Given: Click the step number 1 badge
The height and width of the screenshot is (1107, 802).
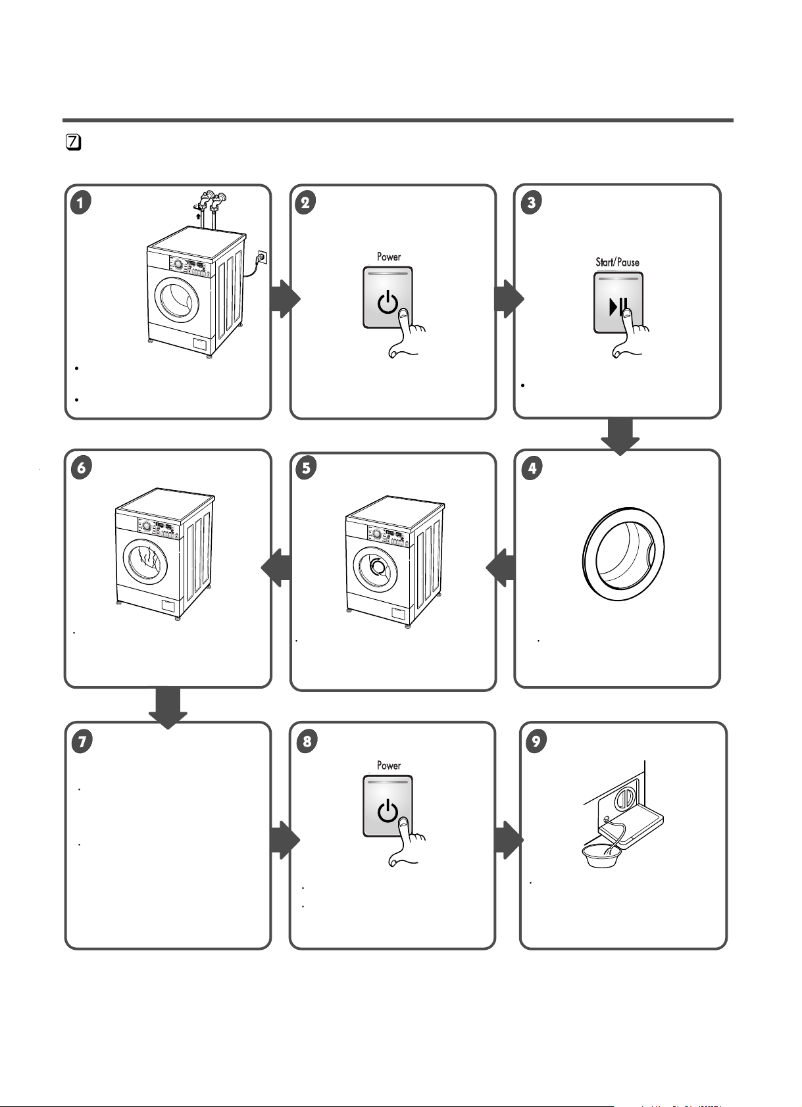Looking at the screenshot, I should (x=81, y=202).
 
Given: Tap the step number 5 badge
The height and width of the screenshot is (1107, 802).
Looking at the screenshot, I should (x=306, y=468).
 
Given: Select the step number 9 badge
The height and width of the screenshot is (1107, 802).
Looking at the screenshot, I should (x=536, y=741).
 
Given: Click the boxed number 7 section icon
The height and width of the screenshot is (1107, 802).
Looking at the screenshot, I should (x=74, y=142).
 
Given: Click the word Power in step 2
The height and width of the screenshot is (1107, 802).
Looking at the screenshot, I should (x=389, y=257).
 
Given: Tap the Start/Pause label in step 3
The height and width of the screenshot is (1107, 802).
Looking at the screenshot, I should (x=617, y=262).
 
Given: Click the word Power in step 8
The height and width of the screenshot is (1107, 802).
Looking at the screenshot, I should (x=389, y=765).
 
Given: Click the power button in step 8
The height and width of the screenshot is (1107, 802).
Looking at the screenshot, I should (x=388, y=806).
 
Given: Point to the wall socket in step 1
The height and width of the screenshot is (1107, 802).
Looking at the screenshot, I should (x=262, y=257).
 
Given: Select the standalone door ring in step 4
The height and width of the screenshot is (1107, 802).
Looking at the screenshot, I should (x=623, y=554).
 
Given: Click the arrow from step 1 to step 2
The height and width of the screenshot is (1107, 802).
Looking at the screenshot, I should (x=284, y=299).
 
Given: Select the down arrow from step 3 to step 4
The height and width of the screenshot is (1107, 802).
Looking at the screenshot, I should (x=620, y=436).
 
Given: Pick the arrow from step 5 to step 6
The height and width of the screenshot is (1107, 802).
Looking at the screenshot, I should (x=276, y=568).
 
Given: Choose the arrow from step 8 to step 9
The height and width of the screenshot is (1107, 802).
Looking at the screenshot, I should (x=509, y=840).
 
